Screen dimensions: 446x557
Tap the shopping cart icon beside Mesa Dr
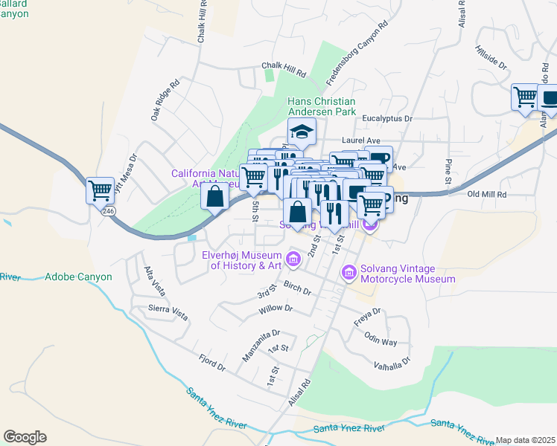(x=100, y=190)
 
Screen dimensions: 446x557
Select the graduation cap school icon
(x=302, y=132)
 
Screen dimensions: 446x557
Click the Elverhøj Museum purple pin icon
(x=293, y=259)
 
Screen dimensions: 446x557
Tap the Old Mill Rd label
(x=486, y=195)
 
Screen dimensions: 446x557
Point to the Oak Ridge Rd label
(x=165, y=100)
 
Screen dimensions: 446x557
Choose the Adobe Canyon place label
(x=78, y=277)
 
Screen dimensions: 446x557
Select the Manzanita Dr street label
(x=260, y=346)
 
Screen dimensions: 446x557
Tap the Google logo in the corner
(x=25, y=437)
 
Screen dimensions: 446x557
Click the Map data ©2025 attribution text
(x=525, y=440)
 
